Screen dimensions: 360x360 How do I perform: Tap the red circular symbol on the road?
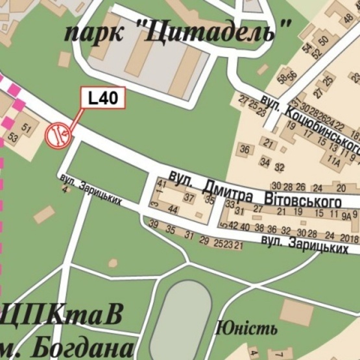(x=57, y=135)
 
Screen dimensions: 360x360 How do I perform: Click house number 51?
(x=27, y=128)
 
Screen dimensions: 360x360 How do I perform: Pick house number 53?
(x=13, y=138)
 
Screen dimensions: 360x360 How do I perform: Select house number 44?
(x=173, y=210)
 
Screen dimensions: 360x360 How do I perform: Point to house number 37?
(x=189, y=197)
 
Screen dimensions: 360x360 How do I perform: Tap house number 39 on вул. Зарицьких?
(x=154, y=224)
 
